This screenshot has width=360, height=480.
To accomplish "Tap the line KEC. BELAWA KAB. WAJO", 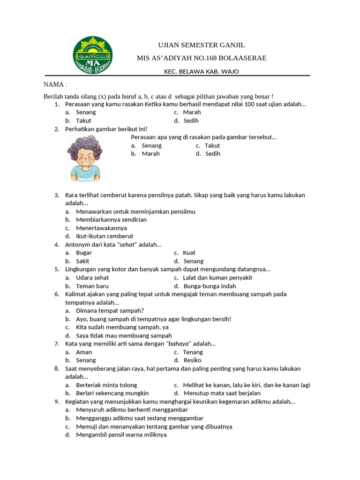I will [201, 71].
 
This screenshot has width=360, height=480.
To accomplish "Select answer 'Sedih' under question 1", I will [191, 120].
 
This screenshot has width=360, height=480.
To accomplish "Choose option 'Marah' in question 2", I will [150, 154].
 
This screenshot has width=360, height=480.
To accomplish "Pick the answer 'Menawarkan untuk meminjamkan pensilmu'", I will [135, 211].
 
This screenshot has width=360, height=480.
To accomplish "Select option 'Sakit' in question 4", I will [82, 261].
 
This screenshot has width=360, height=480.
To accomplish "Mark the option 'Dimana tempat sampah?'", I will [110, 310].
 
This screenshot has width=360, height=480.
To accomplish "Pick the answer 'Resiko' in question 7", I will [192, 360].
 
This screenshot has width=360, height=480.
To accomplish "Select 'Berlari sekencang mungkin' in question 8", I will [112, 393].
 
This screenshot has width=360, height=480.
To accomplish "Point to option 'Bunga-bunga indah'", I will [210, 286].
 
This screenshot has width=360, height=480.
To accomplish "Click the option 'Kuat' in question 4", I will [189, 253].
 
